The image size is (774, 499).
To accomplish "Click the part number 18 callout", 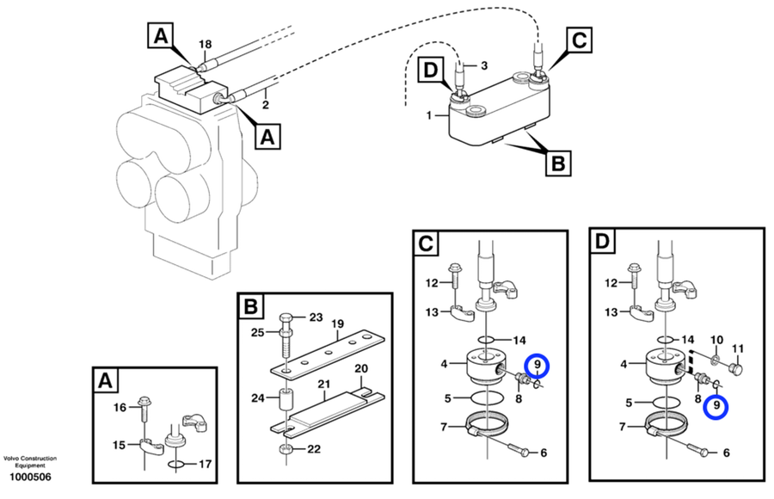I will point(204,43).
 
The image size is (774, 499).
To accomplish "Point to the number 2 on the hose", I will point(267,104).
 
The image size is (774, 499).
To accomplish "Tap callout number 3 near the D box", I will point(483,65).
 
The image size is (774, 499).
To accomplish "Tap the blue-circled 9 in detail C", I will point(537,366).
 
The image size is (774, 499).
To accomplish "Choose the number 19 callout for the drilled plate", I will point(338,324).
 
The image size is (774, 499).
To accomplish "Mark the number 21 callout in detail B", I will point(324,384).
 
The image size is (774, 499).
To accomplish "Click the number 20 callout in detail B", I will point(363,368).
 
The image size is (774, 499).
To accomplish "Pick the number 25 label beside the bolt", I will point(258,333).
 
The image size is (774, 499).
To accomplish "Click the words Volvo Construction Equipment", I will point(29,461).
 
